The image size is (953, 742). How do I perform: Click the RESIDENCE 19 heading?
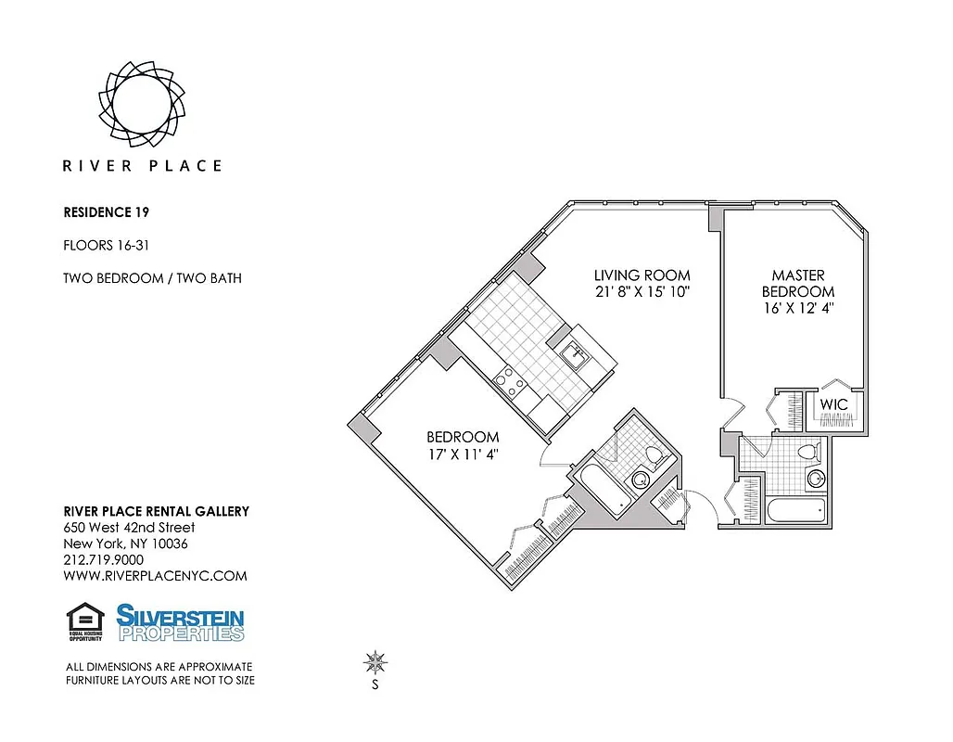coord(106,212)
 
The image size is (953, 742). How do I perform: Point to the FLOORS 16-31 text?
coord(106,246)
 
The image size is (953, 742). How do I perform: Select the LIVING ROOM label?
coord(642,275)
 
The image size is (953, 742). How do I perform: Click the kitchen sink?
coord(573,354)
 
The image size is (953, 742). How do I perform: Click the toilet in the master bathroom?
coord(810,453)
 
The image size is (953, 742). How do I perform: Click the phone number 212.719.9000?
coord(103,560)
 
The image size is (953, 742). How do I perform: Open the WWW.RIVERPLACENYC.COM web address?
coord(155,576)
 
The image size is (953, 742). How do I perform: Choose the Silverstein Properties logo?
coord(180,622)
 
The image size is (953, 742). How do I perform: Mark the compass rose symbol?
coord(375,662)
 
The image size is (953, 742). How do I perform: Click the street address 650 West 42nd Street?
coord(128,528)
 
